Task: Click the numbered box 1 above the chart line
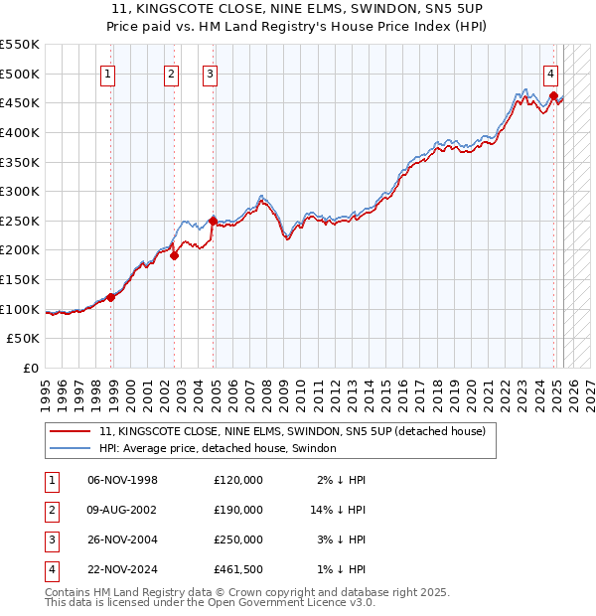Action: tap(106, 73)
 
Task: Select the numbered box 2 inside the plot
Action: tap(171, 73)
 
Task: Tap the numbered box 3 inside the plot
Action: tap(211, 73)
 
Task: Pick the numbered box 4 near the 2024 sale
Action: tap(550, 73)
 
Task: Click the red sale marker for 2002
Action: tap(174, 255)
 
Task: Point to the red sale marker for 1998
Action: tap(111, 296)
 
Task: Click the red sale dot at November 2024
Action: tap(552, 95)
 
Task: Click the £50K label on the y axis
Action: tap(24, 339)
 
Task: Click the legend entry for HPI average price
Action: tap(218, 448)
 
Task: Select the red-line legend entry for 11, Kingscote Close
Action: tap(291, 431)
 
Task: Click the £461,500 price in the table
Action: tap(238, 569)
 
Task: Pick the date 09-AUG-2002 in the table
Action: tap(122, 510)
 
